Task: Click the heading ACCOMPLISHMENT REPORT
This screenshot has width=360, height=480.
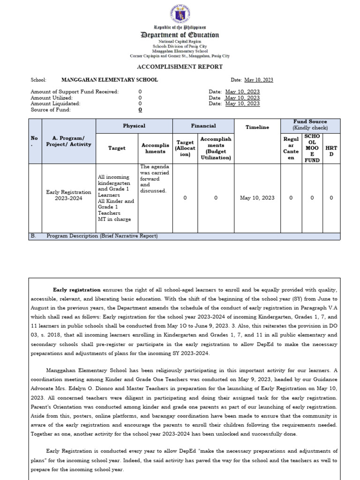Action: pos(180,67)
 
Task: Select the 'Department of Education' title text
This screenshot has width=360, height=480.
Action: pos(180,35)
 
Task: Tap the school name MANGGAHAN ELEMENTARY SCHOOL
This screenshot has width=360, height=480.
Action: pos(110,80)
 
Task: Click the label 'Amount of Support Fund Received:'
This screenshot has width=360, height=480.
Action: pos(75,92)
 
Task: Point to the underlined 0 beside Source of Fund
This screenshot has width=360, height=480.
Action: pos(140,110)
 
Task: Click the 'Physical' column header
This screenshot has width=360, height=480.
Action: pos(134,126)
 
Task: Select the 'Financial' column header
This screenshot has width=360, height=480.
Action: pos(203,126)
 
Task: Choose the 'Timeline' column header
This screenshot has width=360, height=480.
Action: pos(257,127)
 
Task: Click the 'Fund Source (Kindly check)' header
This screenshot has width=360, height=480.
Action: pos(310,125)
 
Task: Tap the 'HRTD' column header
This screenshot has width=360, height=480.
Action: pos(331,151)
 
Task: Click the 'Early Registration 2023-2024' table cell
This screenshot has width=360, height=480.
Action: pos(68,195)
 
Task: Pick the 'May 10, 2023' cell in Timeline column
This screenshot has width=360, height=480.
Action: pos(257,198)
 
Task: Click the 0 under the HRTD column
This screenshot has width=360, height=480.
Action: pos(331,198)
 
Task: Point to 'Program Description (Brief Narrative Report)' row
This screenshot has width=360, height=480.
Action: pos(102,236)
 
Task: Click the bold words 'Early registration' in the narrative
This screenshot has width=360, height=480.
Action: pos(76,290)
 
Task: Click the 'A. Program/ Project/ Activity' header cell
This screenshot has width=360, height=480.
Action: pos(68,141)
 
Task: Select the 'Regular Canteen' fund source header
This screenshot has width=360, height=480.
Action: pos(291,148)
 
